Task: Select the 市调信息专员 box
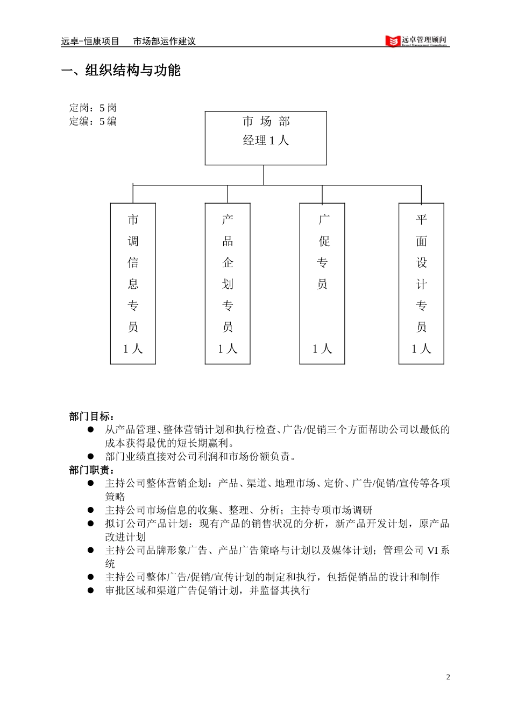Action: tap(133, 283)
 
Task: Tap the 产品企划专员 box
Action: tap(228, 283)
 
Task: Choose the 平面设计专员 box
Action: tap(421, 283)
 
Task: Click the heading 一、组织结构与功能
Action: tap(121, 71)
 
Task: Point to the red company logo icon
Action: tap(393, 41)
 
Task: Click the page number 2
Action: tap(448, 677)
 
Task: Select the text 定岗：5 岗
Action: tap(93, 108)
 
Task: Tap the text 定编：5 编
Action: tap(93, 121)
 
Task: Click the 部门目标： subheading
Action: tap(91, 416)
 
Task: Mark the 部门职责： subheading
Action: tap(91, 470)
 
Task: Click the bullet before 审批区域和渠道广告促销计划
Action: tap(91, 590)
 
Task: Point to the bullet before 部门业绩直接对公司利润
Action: tap(91, 456)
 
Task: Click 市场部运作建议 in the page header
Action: tap(164, 41)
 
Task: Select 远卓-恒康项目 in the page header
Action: tap(90, 41)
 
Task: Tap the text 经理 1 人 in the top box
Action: tap(266, 141)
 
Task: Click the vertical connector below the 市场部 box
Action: tap(264, 175)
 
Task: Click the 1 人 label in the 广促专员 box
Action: tap(322, 349)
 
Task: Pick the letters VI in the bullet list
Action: tap(432, 551)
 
